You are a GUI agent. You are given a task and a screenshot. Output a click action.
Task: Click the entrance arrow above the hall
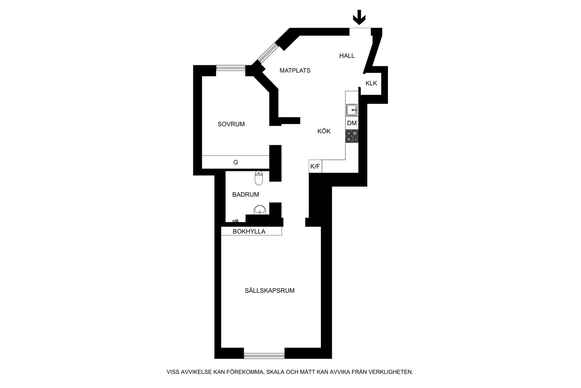[359, 17]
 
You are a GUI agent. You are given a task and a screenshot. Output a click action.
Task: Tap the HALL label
[347, 56]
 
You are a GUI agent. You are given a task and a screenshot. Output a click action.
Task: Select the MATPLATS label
[295, 70]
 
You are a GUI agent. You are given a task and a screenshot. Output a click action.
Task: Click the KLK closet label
[371, 83]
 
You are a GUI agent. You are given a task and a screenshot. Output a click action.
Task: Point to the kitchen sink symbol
[352, 110]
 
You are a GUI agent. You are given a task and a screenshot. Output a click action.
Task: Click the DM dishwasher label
[352, 123]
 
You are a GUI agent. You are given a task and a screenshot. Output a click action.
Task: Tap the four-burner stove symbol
[352, 136]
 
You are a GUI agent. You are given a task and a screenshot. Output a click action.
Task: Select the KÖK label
[324, 131]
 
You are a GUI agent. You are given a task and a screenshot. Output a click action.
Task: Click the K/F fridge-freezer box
[315, 166]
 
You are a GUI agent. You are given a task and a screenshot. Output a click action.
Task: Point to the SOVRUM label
[231, 124]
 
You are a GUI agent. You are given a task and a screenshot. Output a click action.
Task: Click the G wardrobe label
[235, 162]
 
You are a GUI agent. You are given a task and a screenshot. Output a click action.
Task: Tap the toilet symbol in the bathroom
[258, 178]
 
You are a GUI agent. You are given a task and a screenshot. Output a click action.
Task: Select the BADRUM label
[246, 195]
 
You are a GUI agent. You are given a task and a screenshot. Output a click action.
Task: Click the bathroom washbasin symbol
[260, 209]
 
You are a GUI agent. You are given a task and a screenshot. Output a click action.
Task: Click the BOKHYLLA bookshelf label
[249, 232]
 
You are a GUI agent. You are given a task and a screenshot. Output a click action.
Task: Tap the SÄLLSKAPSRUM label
[270, 291]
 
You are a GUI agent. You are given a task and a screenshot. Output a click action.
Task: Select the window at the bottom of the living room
[264, 355]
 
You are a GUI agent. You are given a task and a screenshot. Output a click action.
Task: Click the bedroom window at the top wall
[231, 68]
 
